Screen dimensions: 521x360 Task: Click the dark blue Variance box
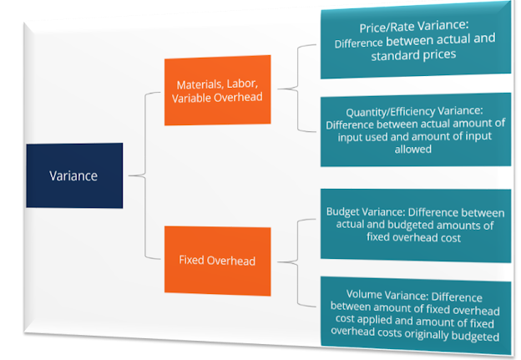[74, 175]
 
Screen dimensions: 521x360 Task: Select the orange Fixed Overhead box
[218, 261]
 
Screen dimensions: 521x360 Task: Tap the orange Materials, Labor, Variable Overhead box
[218, 90]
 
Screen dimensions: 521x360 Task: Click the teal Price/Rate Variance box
[416, 41]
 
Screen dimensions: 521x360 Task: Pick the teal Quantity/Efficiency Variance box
[416, 129]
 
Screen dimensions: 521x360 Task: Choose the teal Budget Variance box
[416, 226]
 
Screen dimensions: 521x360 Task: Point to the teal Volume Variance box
[416, 316]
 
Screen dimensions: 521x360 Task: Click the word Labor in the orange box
[241, 84]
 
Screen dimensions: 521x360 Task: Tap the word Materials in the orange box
[200, 84]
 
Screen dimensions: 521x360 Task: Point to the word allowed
[413, 150]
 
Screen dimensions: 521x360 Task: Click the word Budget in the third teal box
[343, 212]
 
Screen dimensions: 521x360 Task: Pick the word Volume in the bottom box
[364, 294]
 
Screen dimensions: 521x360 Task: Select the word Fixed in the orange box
[191, 260]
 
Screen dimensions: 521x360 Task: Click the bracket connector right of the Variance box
[145, 175]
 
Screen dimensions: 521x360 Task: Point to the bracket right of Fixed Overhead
[297, 262]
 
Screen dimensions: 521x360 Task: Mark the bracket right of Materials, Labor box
[297, 89]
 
